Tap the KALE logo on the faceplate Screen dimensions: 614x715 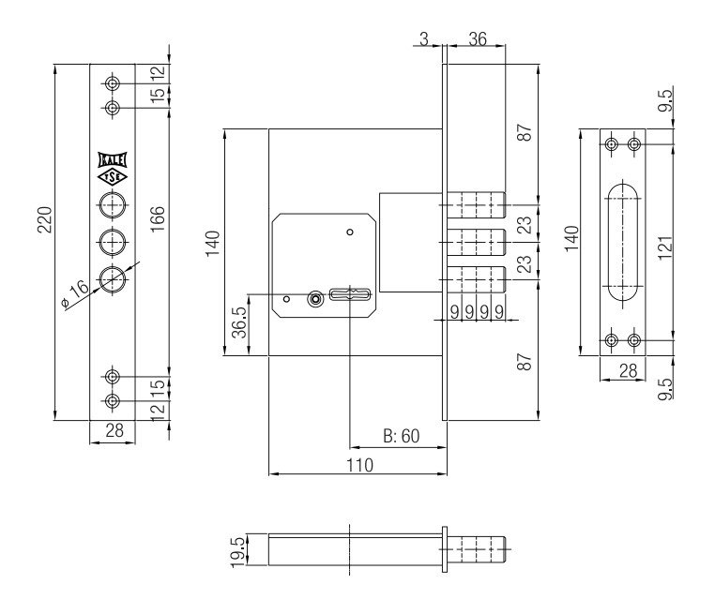point(112,159)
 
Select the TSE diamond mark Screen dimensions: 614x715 point(112,176)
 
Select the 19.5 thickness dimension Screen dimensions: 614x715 point(238,547)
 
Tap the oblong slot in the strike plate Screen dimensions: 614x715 point(624,242)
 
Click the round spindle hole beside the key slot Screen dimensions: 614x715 point(316,299)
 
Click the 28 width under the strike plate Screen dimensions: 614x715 point(626,371)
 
